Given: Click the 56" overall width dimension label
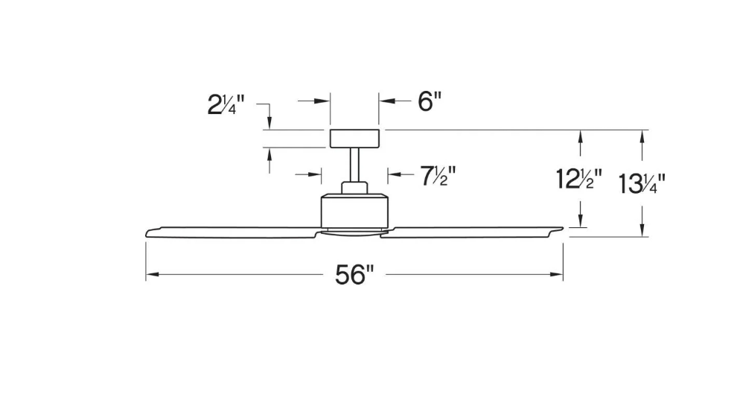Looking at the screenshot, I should coord(353,276).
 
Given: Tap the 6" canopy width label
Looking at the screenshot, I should coord(430,101).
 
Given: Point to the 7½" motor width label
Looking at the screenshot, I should coord(438,176).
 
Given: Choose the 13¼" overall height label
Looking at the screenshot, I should coord(641,183).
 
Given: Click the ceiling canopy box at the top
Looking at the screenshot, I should coord(354,138).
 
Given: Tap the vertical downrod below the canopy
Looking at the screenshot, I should coord(354,165).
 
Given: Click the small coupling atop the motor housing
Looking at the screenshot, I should coord(354,187).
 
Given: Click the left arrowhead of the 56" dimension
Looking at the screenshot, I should coord(150,276).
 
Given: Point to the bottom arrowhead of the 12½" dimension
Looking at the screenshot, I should coord(580,221).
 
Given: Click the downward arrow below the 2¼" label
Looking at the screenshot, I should coord(269,122).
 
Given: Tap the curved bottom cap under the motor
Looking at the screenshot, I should coord(354,232).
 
